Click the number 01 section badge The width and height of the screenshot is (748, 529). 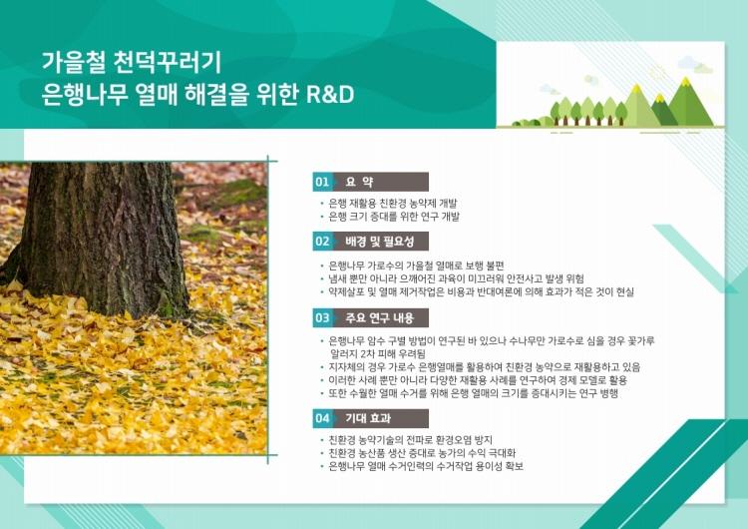[322, 182]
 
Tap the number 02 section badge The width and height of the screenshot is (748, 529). [322, 242]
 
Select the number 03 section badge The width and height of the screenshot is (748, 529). [322, 317]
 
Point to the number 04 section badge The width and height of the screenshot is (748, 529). [322, 418]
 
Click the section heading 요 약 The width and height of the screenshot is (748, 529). [359, 182]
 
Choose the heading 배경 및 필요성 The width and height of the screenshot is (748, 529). [380, 242]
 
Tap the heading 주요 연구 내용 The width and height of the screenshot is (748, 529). [380, 317]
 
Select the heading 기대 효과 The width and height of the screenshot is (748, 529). [368, 418]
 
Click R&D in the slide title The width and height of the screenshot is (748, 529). [330, 94]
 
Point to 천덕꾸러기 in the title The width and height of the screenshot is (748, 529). [168, 62]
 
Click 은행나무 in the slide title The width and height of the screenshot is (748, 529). [85, 94]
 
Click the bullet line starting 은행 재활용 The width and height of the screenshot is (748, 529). [393, 204]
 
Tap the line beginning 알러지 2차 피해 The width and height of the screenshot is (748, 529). [377, 354]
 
